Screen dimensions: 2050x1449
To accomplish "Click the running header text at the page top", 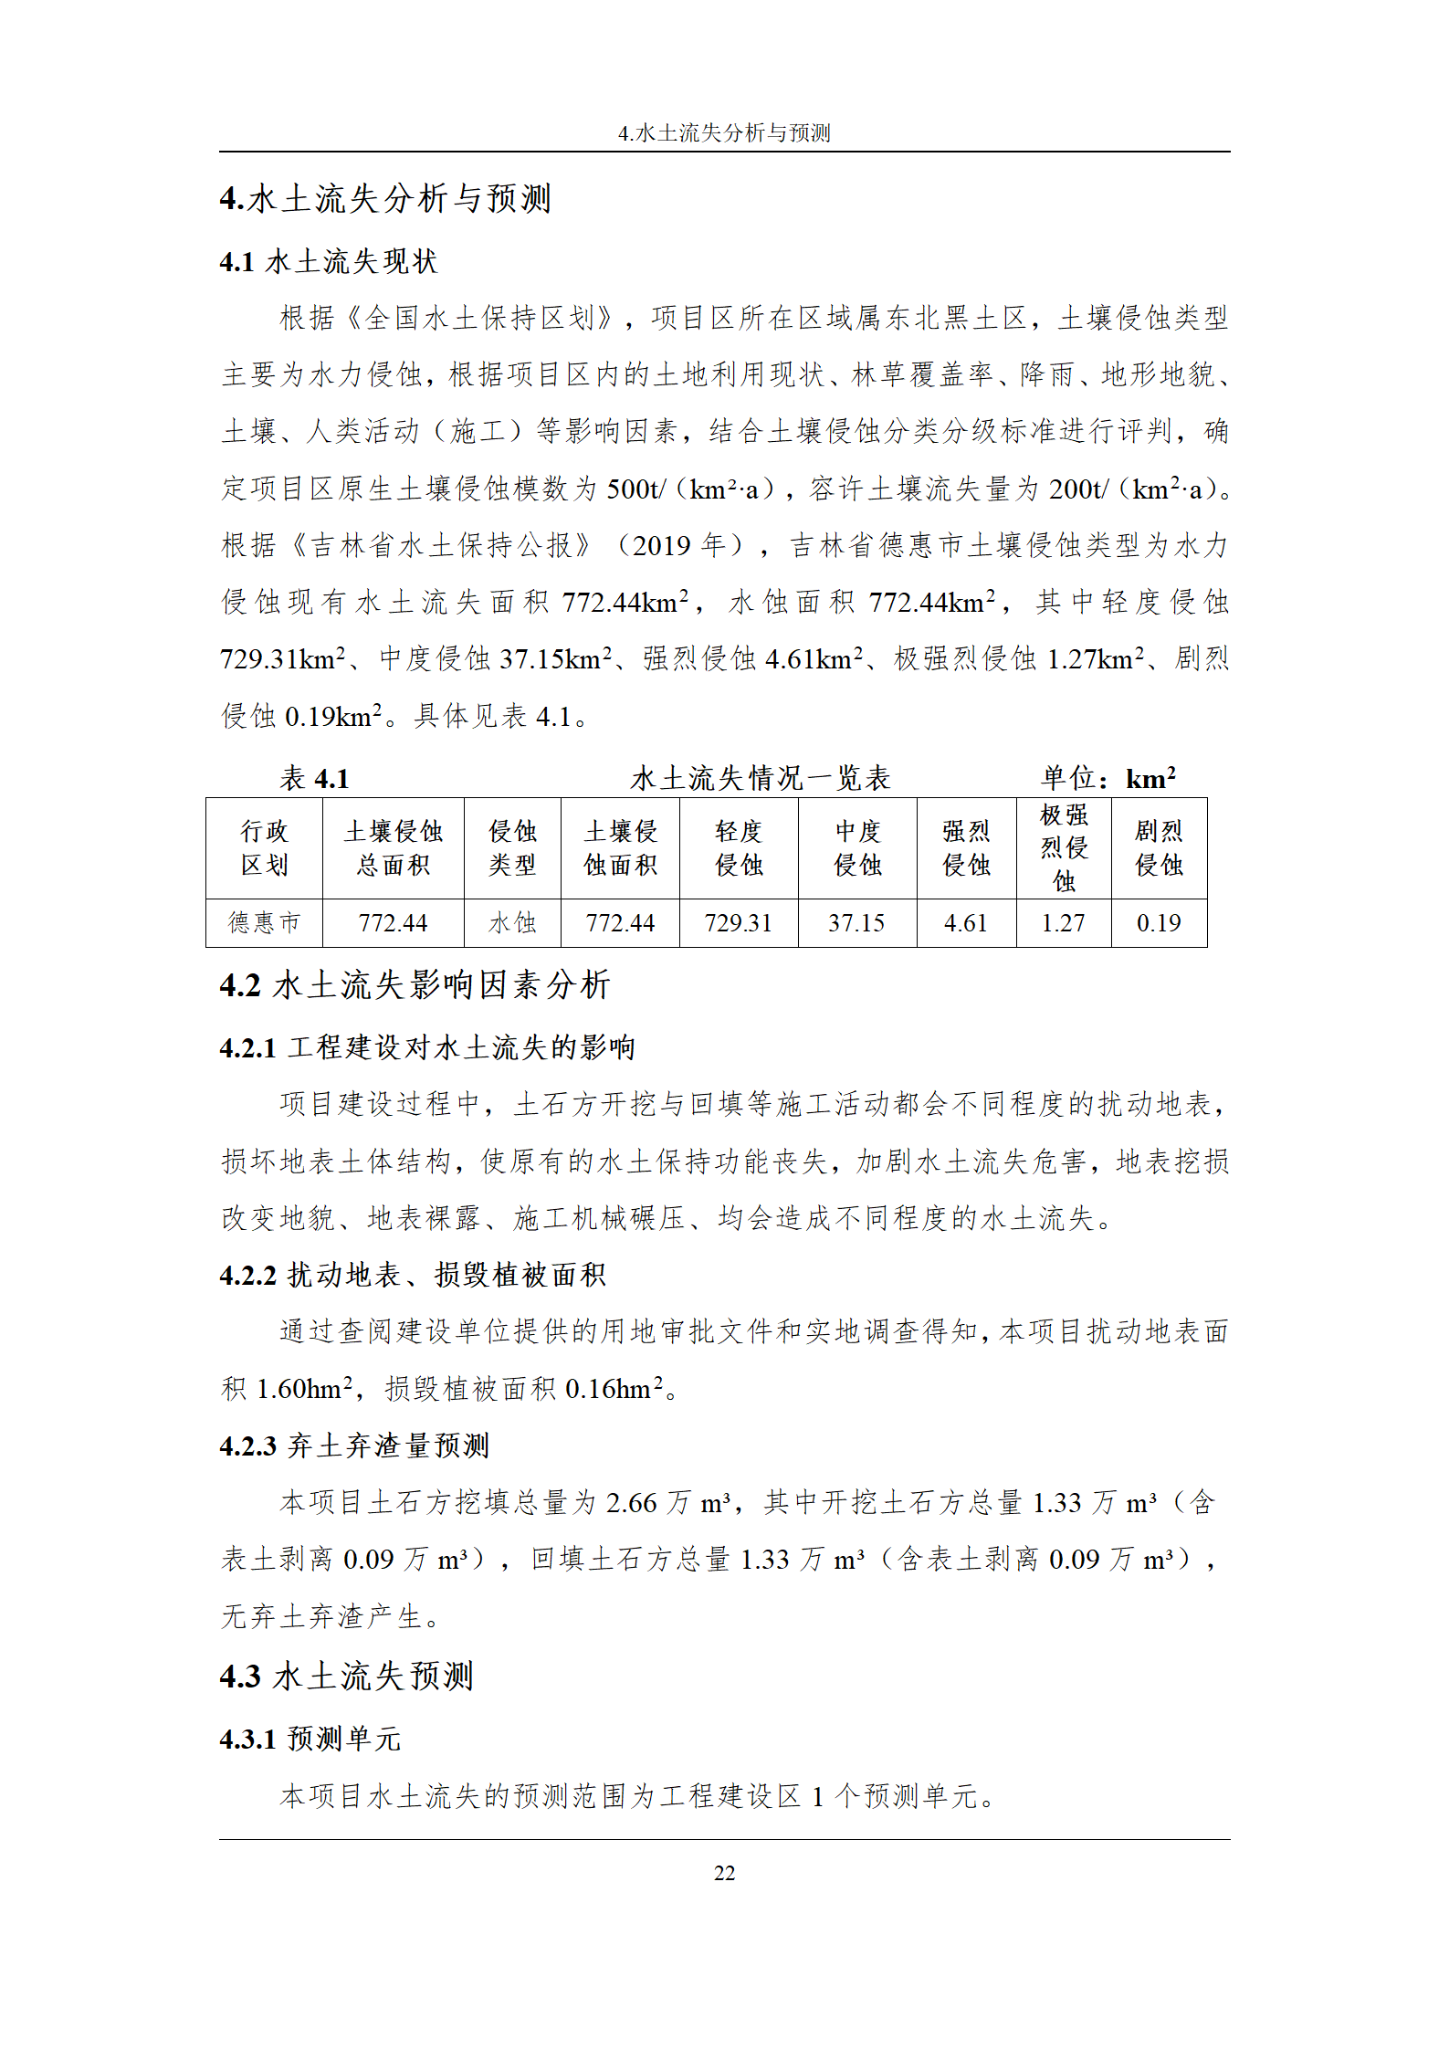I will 724,133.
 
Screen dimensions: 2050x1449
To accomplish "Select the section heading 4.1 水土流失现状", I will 329,262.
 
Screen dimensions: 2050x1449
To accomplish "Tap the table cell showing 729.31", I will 738,923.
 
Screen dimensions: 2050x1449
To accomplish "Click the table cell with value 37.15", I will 856,923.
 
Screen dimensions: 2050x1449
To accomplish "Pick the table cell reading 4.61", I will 966,923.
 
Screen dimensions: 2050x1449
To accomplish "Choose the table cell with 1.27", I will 1064,923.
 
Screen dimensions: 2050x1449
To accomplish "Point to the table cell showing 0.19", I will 1159,923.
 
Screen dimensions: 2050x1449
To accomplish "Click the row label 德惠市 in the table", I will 264,923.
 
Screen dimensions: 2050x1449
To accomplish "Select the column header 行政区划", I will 264,848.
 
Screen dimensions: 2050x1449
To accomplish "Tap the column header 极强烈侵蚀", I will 1064,848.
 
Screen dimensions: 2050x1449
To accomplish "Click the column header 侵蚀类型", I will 512,848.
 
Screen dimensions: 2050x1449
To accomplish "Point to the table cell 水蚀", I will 512,923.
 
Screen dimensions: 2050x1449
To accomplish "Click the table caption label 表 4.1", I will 315,779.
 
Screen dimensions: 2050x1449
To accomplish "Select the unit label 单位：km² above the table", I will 1108,779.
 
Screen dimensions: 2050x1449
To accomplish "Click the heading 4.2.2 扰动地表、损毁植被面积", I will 413,1275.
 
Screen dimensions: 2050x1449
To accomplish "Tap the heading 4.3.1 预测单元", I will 310,1739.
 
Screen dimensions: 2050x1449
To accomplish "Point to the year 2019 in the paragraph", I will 661,546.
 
